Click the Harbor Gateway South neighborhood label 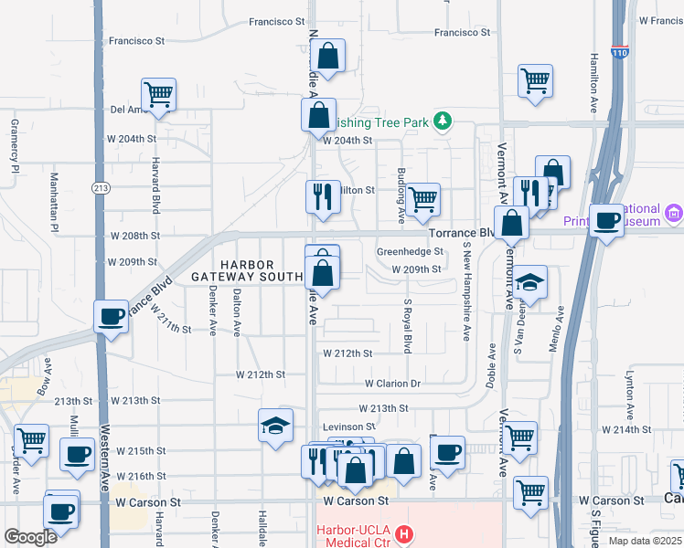[247, 269]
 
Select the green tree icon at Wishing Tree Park [443, 121]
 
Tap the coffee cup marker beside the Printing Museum [606, 220]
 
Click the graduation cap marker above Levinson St [275, 425]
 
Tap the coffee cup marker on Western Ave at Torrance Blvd [112, 317]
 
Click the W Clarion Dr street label [392, 385]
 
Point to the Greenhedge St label [410, 251]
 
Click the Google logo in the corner [31, 537]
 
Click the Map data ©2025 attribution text [644, 541]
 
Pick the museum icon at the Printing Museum [675, 215]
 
